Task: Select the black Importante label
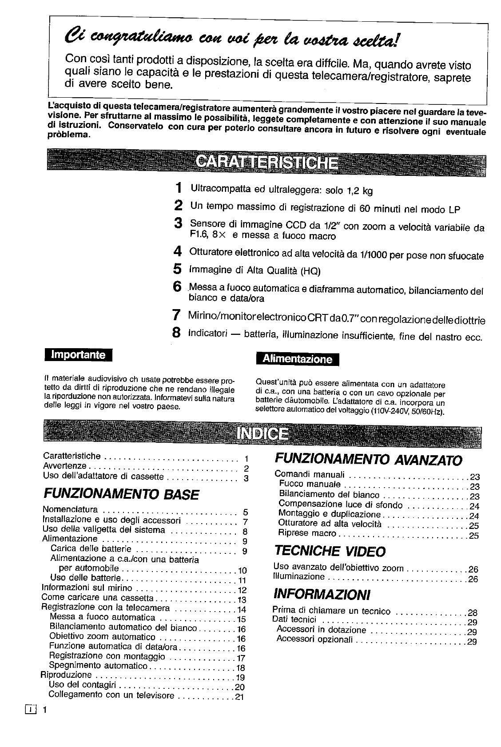79,354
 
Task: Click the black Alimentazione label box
298,359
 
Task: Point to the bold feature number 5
178,269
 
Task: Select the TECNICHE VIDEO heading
330,551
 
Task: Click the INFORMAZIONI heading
322,594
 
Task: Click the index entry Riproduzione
66,675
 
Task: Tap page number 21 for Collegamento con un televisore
240,697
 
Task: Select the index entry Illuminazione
299,576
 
